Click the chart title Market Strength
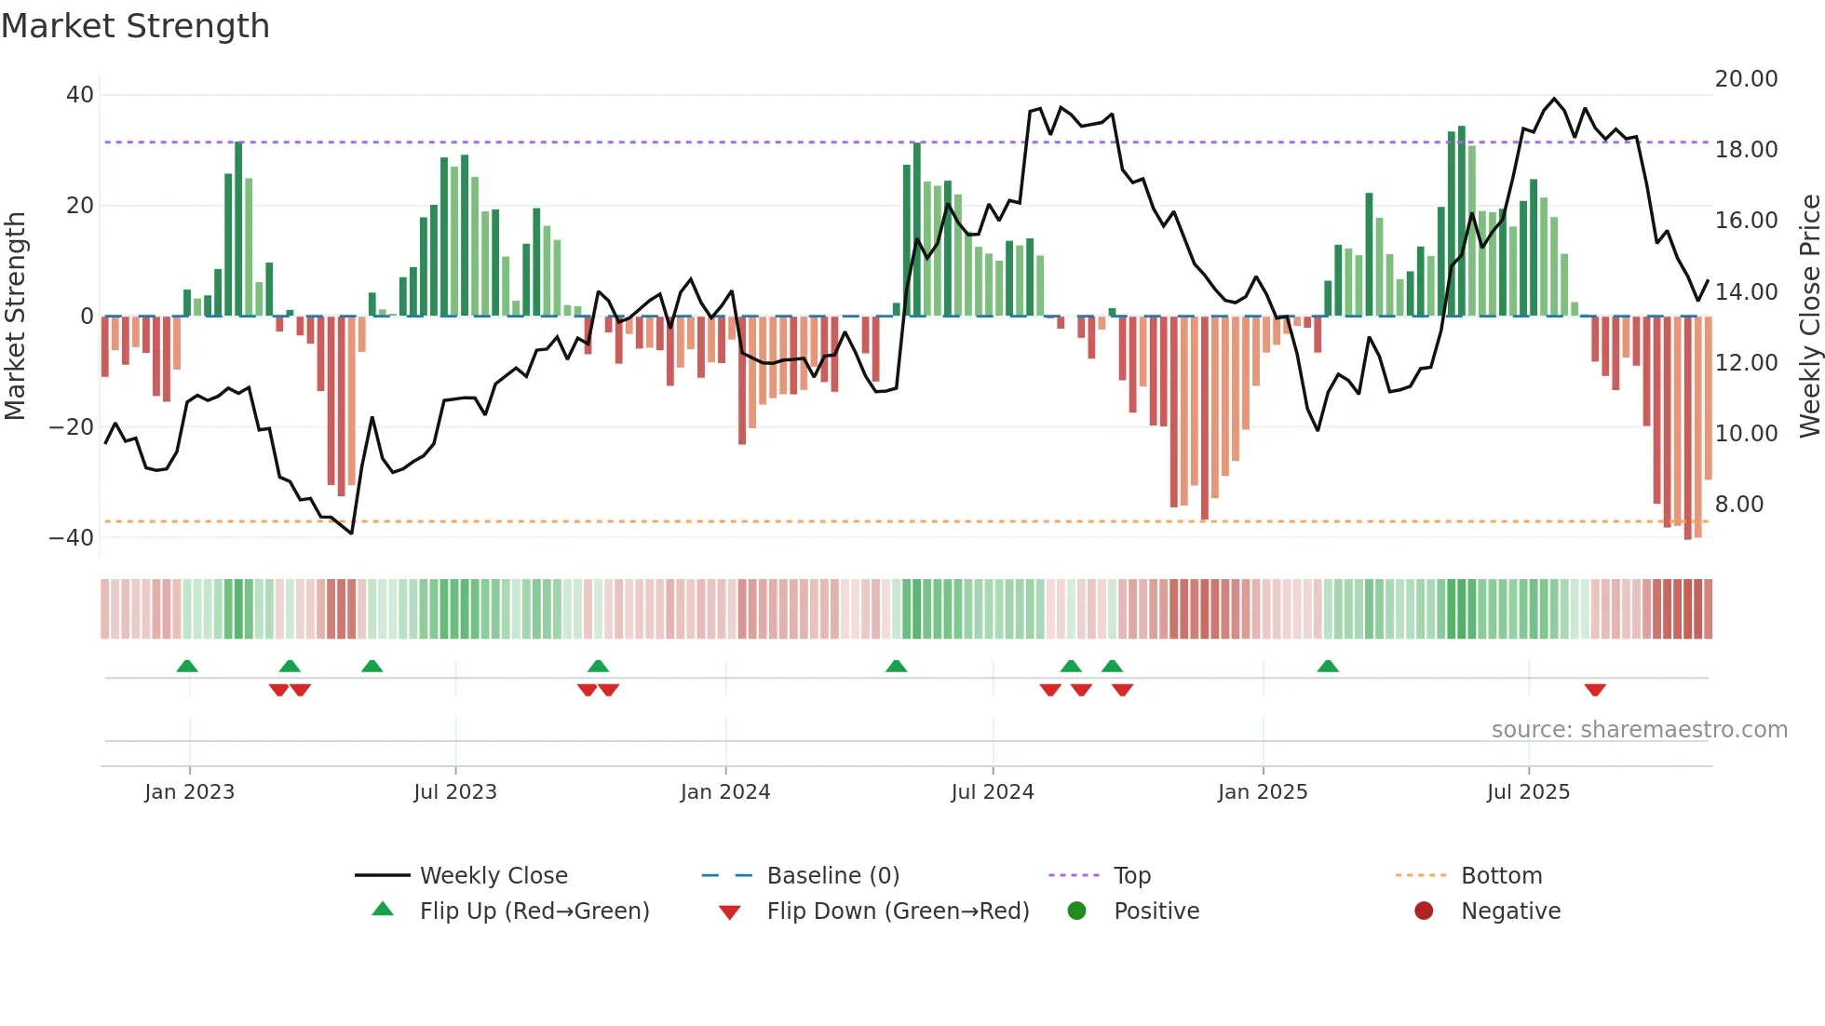click(x=136, y=26)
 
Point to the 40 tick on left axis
click(x=79, y=95)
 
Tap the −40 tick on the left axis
click(x=71, y=538)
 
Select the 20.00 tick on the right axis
click(x=1746, y=79)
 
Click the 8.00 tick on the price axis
click(x=1738, y=505)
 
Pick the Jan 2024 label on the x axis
click(x=725, y=792)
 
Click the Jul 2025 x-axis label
click(x=1528, y=792)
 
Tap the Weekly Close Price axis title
click(x=1809, y=317)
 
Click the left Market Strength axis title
click(x=16, y=317)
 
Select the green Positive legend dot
click(x=1077, y=911)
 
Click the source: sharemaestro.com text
click(x=1639, y=730)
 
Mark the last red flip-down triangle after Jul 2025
click(x=1595, y=690)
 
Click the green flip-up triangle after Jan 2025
click(x=1328, y=667)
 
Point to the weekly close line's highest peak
click(x=1554, y=99)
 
